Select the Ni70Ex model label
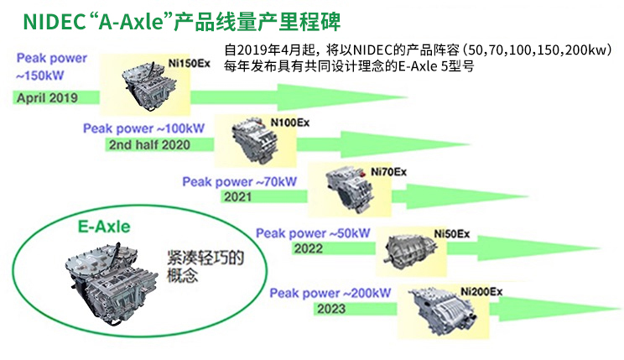(x=387, y=171)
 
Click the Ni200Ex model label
(x=481, y=290)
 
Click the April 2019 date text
(x=46, y=98)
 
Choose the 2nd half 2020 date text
(x=148, y=144)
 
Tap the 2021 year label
(x=238, y=196)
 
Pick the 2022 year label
(x=309, y=249)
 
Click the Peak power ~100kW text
(x=143, y=128)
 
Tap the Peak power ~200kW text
(x=331, y=293)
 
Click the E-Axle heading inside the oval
(x=103, y=226)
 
